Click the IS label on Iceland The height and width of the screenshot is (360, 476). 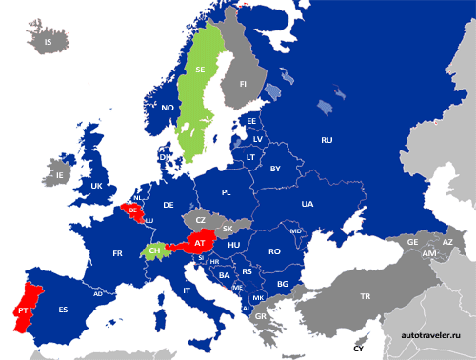pyautogui.click(x=48, y=42)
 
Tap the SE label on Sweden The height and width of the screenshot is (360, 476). pyautogui.click(x=200, y=70)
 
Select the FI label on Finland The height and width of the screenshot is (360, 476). pyautogui.click(x=244, y=85)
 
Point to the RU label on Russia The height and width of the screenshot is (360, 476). pyautogui.click(x=327, y=140)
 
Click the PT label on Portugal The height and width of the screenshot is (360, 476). pyautogui.click(x=22, y=310)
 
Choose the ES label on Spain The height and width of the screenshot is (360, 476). pyautogui.click(x=64, y=310)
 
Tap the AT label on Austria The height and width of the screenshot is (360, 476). pyautogui.click(x=200, y=244)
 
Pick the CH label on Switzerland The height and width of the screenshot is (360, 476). pyautogui.click(x=154, y=250)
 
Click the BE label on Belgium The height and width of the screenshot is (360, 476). pyautogui.click(x=133, y=210)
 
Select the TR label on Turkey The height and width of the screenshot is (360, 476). pyautogui.click(x=364, y=296)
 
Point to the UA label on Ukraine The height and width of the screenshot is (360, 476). pyautogui.click(x=307, y=204)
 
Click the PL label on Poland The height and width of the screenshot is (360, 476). pyautogui.click(x=227, y=192)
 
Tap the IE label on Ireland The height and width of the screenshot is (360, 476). pyautogui.click(x=61, y=176)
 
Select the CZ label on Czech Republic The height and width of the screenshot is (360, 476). pyautogui.click(x=200, y=220)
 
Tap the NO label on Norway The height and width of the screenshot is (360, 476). pyautogui.click(x=167, y=108)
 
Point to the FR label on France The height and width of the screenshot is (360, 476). pyautogui.click(x=118, y=254)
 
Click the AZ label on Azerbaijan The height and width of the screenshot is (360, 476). pyautogui.click(x=447, y=243)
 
